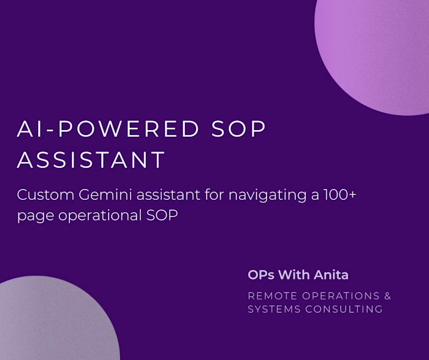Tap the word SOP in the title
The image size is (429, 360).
point(239,129)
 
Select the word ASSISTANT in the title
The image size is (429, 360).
point(91,160)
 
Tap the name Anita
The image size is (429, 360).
point(331,275)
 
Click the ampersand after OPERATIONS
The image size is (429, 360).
point(387,296)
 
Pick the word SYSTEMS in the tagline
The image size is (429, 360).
point(271,309)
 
